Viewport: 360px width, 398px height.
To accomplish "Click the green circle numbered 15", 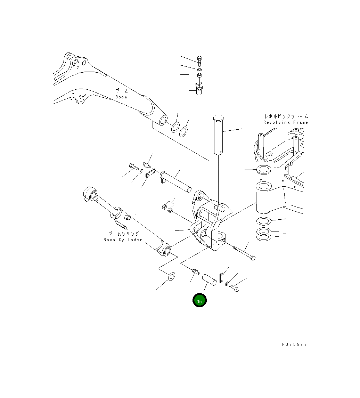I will tap(199, 301).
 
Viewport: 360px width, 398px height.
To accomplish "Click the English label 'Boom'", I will tap(121, 97).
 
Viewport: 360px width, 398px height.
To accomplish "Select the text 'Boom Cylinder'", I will tap(123, 240).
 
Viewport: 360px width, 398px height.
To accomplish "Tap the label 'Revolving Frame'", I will tap(285, 122).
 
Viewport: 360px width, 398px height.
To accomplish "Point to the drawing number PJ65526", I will tap(294, 344).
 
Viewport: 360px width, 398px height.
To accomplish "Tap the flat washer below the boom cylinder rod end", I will tap(171, 277).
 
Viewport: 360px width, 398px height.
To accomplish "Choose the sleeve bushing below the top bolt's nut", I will tap(199, 88).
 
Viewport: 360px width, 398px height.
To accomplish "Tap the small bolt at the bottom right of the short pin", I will tap(235, 288).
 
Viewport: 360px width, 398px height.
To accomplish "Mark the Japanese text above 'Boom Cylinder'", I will tap(123, 234).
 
